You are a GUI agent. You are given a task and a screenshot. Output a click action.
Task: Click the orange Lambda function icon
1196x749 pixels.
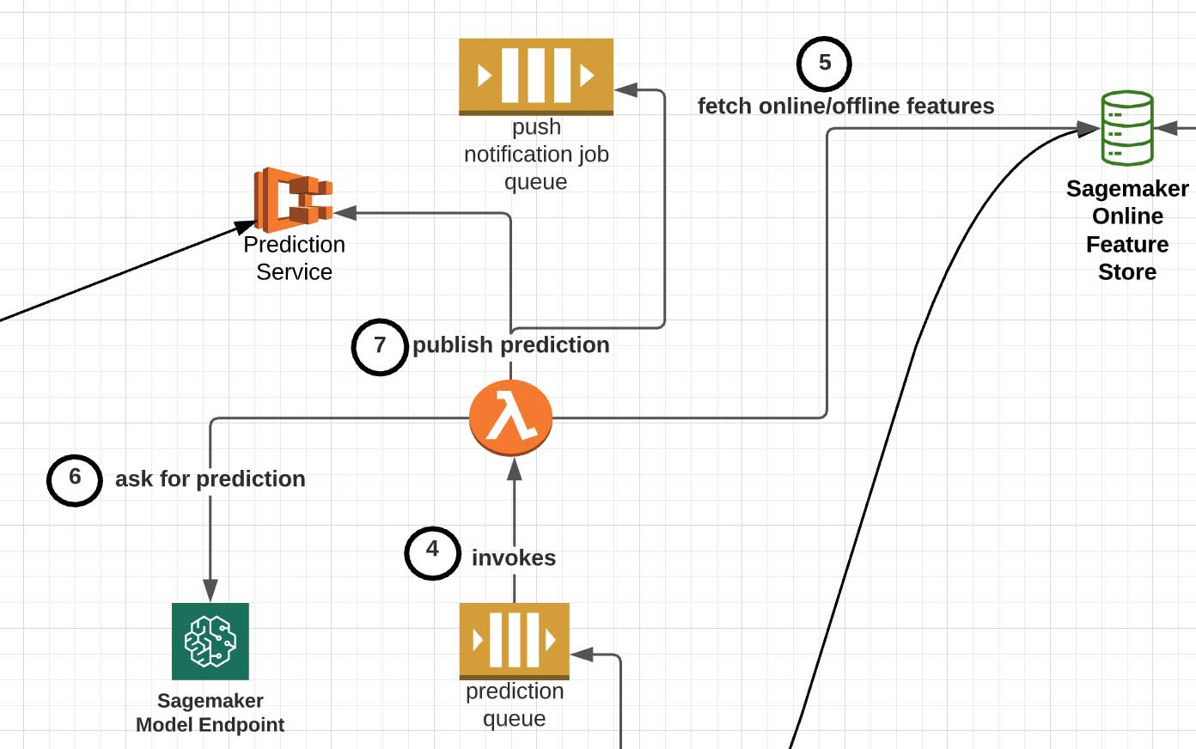click(510, 418)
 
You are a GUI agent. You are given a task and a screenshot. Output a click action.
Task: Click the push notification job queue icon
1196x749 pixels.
click(535, 76)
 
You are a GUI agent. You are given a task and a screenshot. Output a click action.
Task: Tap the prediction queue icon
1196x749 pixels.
click(514, 640)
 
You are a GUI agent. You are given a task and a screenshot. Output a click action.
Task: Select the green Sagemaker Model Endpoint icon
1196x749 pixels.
click(211, 641)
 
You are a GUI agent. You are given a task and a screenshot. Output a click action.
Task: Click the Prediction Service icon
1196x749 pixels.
click(293, 200)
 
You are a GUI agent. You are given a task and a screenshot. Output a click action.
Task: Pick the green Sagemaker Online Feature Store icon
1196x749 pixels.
click(1126, 128)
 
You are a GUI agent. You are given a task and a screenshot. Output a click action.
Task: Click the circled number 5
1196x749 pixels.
click(824, 64)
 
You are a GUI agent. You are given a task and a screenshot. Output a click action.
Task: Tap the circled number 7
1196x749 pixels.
click(380, 346)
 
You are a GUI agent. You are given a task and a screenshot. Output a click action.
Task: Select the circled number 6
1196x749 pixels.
click(75, 479)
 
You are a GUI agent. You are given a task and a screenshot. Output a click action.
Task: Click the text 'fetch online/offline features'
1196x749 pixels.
click(845, 107)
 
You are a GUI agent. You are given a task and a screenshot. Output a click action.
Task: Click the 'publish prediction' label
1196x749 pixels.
click(510, 345)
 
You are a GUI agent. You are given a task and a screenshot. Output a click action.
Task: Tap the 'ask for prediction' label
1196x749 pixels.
click(210, 479)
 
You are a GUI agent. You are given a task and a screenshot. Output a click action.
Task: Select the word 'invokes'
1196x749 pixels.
click(513, 558)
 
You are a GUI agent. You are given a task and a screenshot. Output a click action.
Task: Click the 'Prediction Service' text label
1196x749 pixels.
click(294, 259)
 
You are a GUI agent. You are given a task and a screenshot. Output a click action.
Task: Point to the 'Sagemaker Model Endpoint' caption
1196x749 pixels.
click(211, 713)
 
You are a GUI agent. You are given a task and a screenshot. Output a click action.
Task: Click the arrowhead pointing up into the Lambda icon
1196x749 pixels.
click(515, 468)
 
